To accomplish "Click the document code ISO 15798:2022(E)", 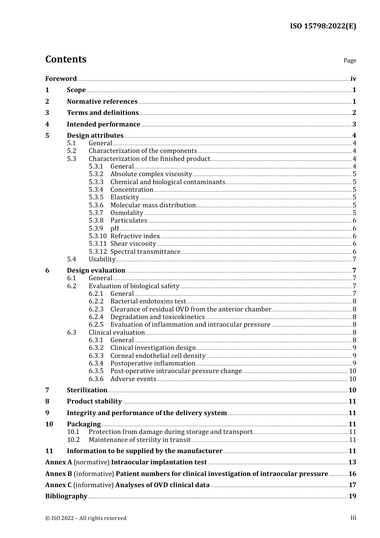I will pyautogui.click(x=323, y=26).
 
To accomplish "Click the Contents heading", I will pyautogui.click(x=66, y=59).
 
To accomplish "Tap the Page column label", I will pyautogui.click(x=350, y=60).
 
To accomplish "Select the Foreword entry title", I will pyautogui.click(x=61, y=78).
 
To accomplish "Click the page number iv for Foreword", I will pyautogui.click(x=353, y=78).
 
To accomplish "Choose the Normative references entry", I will pyautogui.click(x=102, y=101).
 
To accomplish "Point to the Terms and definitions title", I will pyautogui.click(x=103, y=112).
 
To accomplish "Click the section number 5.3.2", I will pyautogui.click(x=96, y=174).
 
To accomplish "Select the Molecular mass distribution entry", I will pyautogui.click(x=153, y=205).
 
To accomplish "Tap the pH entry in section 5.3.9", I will pyautogui.click(x=114, y=228).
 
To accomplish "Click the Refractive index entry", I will pyautogui.click(x=135, y=236).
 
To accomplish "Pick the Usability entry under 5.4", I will pyautogui.click(x=102, y=259).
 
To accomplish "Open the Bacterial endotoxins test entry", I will pyautogui.click(x=148, y=301).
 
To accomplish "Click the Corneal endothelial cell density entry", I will pyautogui.click(x=158, y=355).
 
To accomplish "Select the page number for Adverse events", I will pyautogui.click(x=352, y=379).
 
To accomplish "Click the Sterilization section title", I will pyautogui.click(x=87, y=390).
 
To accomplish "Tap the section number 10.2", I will pyautogui.click(x=73, y=440).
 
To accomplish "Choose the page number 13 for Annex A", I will pyautogui.click(x=352, y=462).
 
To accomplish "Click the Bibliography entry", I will pyautogui.click(x=66, y=496).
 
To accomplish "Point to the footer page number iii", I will pyautogui.click(x=353, y=518).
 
